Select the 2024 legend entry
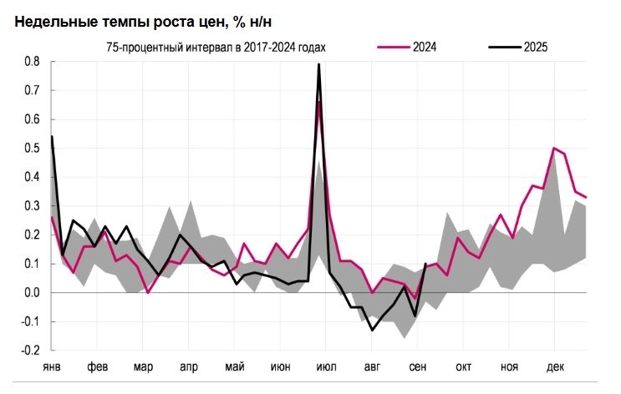pyautogui.click(x=425, y=47)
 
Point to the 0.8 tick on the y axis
pyautogui.click(x=33, y=62)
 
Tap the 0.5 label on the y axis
pyautogui.click(x=33, y=149)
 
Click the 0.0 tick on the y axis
pyautogui.click(x=33, y=293)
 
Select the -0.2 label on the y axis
pyautogui.click(x=31, y=351)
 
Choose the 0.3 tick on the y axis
pyautogui.click(x=33, y=206)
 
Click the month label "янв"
pyautogui.click(x=52, y=366)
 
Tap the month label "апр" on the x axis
pyautogui.click(x=189, y=366)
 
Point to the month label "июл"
pyautogui.click(x=325, y=366)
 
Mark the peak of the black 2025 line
pyautogui.click(x=318, y=64)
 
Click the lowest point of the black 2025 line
pyautogui.click(x=372, y=331)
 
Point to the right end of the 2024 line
pyautogui.click(x=586, y=198)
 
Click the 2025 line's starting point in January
pyautogui.click(x=52, y=136)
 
